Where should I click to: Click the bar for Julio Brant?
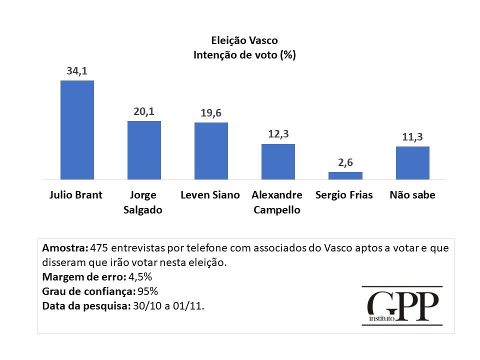click(77, 129)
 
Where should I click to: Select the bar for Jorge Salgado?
click(144, 150)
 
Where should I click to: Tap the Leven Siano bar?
click(211, 150)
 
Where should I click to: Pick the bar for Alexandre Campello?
click(278, 161)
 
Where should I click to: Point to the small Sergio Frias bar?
click(345, 175)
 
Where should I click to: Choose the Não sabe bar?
click(412, 162)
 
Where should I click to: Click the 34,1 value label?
click(77, 71)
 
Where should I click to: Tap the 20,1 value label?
click(144, 112)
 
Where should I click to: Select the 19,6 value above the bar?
click(211, 113)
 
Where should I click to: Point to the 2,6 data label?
click(345, 163)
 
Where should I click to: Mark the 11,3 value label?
click(412, 137)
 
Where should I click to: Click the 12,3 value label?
click(278, 134)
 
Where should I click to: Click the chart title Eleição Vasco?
click(244, 41)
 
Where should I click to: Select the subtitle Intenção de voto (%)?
click(244, 55)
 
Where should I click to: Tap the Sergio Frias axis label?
click(344, 195)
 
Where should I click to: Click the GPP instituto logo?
click(402, 306)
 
